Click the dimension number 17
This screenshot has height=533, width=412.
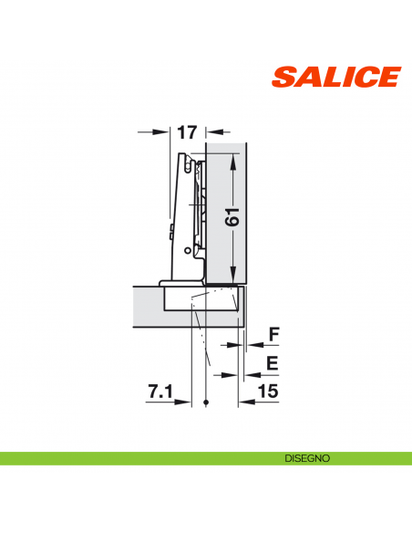(x=187, y=132)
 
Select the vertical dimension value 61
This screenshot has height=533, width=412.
(x=232, y=216)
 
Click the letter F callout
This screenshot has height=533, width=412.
(x=272, y=335)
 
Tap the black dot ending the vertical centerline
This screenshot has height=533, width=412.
(x=208, y=402)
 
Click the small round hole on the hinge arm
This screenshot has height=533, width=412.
(x=188, y=248)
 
